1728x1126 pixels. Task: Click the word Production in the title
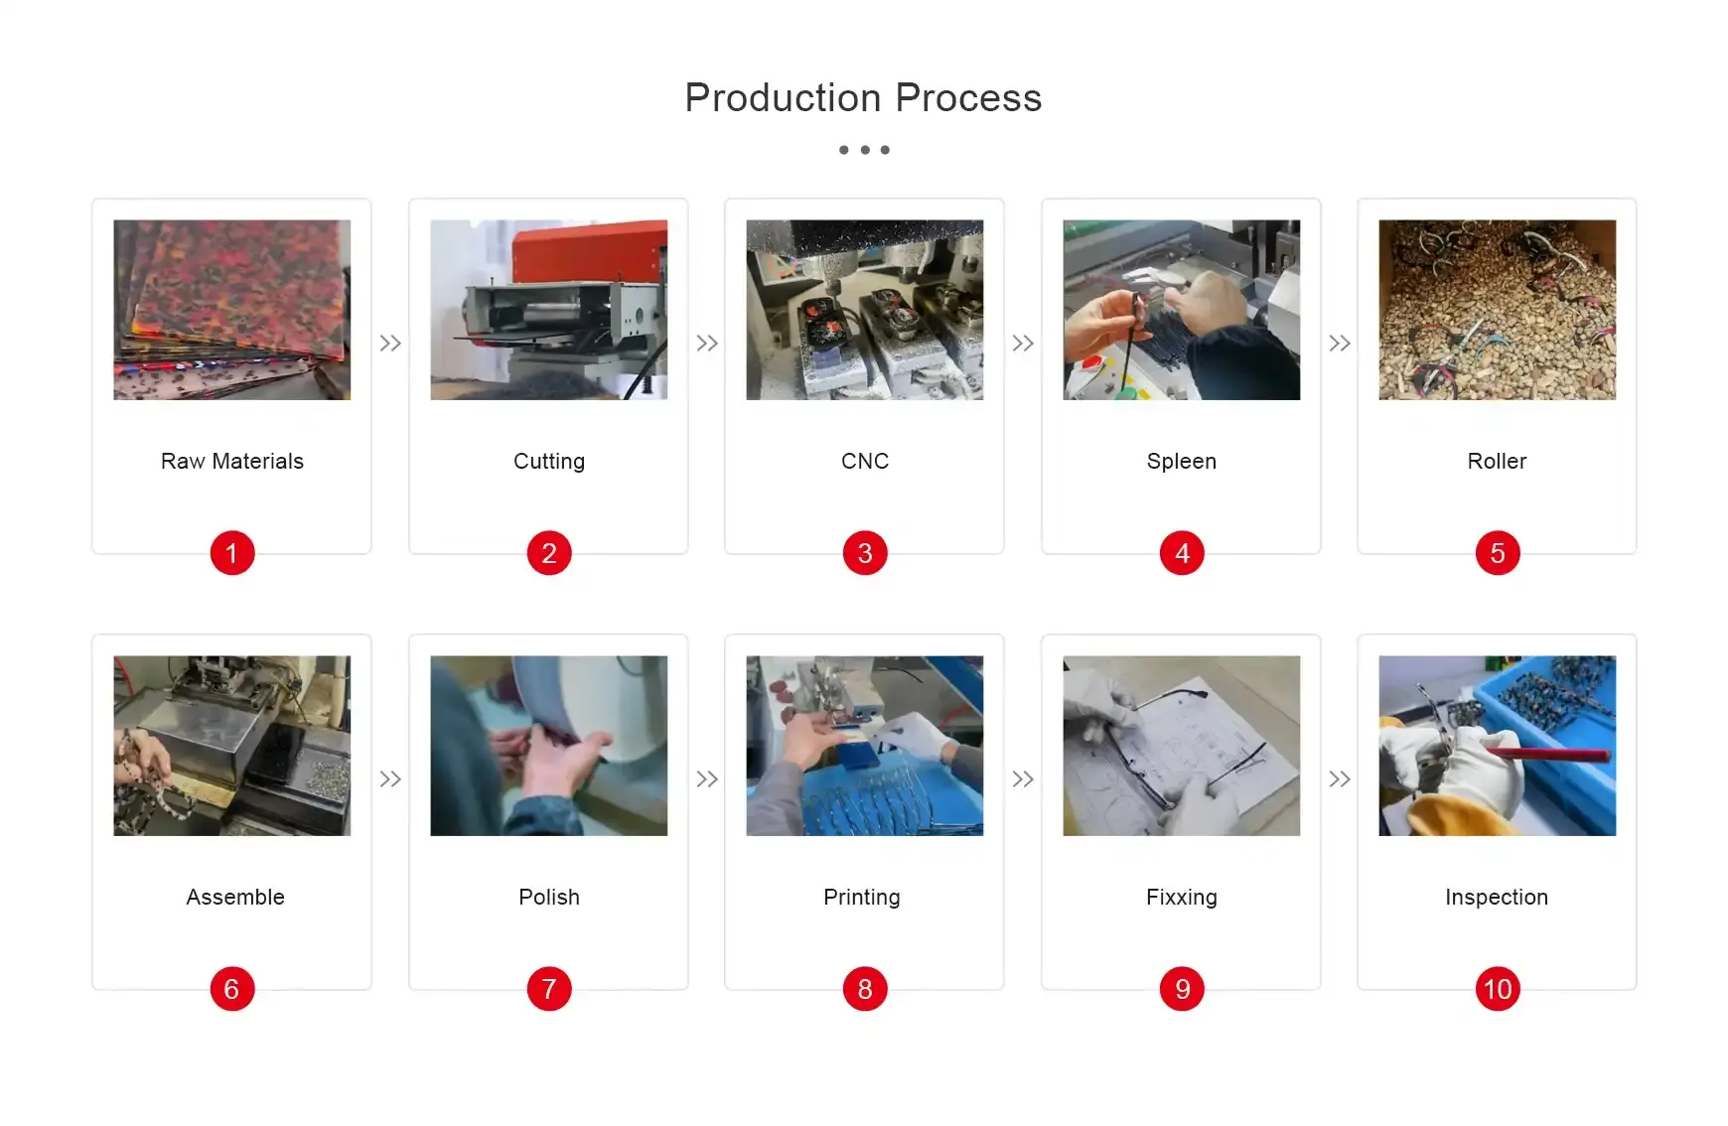783,98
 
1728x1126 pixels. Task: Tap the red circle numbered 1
232,553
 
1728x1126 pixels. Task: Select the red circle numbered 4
1182,553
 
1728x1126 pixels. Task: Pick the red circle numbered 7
549,989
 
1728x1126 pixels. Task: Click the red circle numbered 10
1498,989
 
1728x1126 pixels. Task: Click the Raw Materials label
232,461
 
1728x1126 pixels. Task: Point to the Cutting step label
549,461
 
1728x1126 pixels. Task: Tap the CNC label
865,461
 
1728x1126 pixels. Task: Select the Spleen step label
1182,461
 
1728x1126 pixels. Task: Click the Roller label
1497,461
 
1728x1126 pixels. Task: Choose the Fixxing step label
1182,897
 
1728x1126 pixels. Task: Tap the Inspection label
1497,897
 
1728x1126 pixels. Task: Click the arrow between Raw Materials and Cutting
390,344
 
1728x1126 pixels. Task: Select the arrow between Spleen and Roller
1340,344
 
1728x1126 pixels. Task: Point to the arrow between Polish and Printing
707,779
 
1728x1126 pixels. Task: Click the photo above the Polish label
549,746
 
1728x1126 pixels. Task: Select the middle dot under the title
865,150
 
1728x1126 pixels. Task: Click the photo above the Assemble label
232,746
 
